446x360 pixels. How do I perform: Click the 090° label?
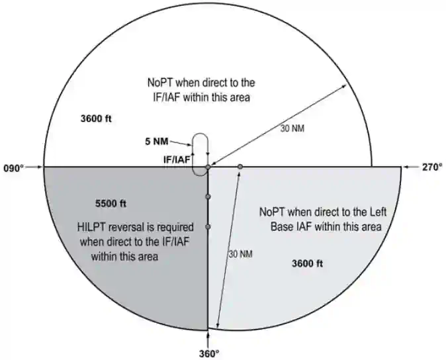(x=13, y=168)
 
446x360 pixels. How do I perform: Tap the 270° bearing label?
(x=432, y=167)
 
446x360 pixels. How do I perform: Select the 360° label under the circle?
(x=209, y=354)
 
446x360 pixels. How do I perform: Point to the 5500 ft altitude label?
(x=111, y=204)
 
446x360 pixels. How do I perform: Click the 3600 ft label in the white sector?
(x=96, y=118)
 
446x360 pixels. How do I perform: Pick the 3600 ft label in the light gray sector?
(x=308, y=263)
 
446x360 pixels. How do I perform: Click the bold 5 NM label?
(x=157, y=142)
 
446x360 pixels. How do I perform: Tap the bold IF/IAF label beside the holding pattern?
(x=177, y=159)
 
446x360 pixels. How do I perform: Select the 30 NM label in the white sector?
(x=292, y=128)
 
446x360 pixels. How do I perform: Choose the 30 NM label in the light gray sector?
(x=241, y=254)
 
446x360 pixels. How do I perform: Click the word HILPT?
(x=91, y=227)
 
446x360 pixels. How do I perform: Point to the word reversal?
(x=126, y=227)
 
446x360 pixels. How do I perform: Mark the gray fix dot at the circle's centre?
(x=208, y=167)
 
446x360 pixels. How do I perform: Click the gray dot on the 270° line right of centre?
(x=240, y=167)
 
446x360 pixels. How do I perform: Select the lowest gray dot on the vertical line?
(x=208, y=226)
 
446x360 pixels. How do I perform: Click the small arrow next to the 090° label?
(x=34, y=167)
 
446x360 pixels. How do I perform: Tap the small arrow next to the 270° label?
(x=410, y=167)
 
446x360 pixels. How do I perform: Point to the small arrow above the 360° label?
(x=208, y=339)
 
